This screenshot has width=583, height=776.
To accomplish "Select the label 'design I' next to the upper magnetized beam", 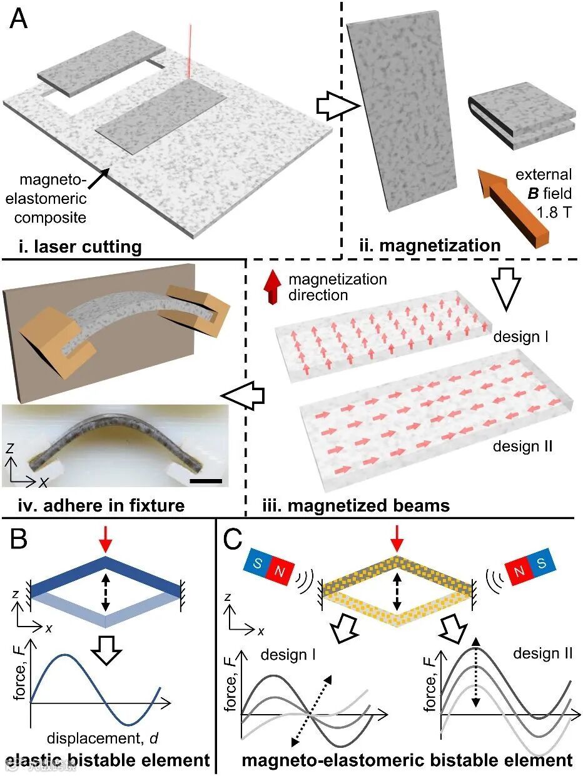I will (517, 337).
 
